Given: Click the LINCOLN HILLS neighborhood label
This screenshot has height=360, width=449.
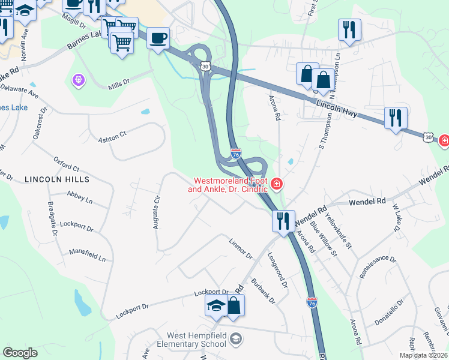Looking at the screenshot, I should [57, 179].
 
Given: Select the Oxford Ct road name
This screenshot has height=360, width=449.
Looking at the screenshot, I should [66, 164].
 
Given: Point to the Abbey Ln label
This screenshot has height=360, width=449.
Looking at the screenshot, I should [80, 197].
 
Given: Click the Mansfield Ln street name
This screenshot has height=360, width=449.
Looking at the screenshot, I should [87, 256].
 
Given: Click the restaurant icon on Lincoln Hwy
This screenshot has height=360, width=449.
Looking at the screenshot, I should [396, 118].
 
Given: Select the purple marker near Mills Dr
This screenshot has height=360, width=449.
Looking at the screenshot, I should [77, 79].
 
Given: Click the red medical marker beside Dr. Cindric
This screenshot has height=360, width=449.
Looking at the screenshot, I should [277, 184].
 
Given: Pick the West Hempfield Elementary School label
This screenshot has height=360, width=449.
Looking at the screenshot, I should [187, 340].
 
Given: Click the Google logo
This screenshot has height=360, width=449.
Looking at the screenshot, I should [20, 353].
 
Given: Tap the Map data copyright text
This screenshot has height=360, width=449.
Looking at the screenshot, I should [423, 355].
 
